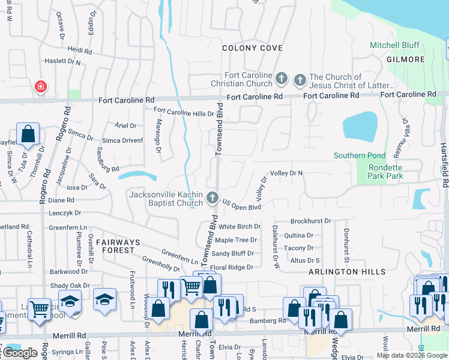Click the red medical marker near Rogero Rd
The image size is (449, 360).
tap(41, 87)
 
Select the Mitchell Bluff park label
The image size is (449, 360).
tap(393, 46)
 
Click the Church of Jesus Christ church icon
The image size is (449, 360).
tap(299, 78)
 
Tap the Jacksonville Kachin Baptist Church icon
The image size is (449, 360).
tap(212, 197)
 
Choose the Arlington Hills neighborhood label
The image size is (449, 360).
tap(347, 272)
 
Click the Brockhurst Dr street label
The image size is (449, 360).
tap(310, 221)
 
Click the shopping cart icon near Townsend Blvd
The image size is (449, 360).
tap(191, 287)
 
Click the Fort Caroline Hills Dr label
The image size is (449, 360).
tap(184, 112)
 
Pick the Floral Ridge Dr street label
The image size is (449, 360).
tap(232, 267)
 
